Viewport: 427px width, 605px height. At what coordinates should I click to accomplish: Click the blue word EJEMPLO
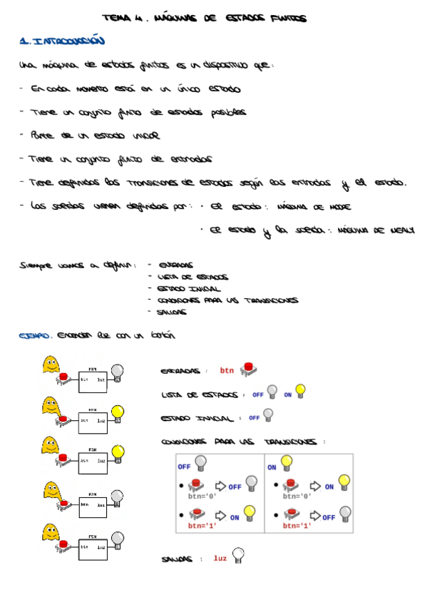35,335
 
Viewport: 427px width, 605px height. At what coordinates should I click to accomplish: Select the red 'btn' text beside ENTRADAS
227,370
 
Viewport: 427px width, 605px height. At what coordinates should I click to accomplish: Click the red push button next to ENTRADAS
249,369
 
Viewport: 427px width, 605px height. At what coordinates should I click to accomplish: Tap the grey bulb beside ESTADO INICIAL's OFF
267,415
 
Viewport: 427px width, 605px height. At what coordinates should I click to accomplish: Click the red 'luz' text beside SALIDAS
220,558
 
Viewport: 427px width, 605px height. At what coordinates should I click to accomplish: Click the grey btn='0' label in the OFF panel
202,495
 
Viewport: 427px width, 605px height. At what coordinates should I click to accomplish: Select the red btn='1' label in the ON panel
297,526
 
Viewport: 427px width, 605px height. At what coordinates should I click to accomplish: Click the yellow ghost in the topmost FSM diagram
50,365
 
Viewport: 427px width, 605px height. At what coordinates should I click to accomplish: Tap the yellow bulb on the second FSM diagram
118,412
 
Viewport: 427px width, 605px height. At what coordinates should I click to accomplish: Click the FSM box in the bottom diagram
93,548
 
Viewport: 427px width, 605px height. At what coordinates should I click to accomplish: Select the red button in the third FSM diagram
63,457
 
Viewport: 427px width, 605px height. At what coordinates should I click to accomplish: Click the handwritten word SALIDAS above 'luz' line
178,559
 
